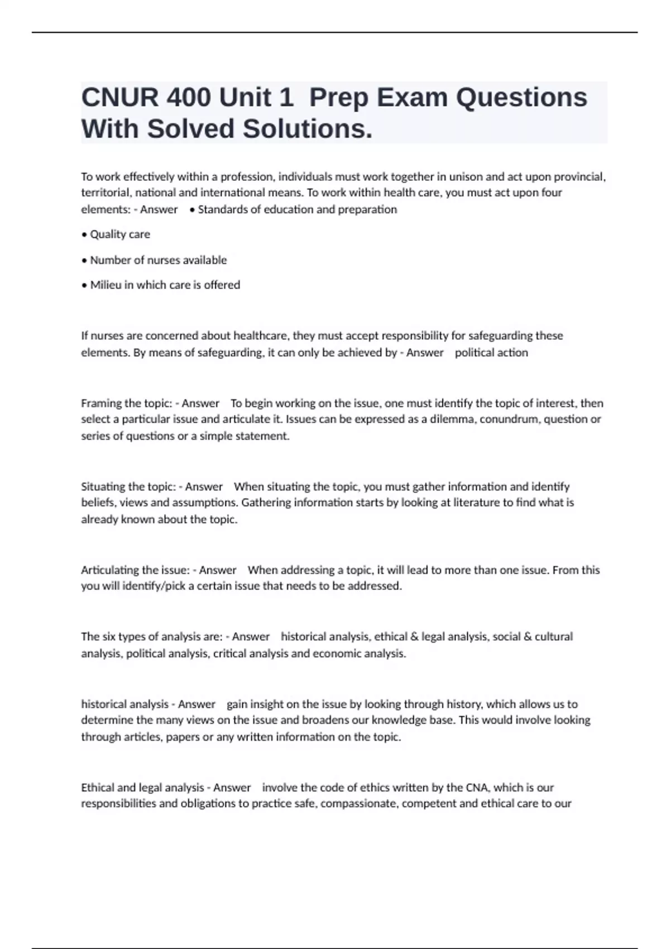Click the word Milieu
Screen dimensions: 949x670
tap(106, 285)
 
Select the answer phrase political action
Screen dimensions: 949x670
tap(491, 353)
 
